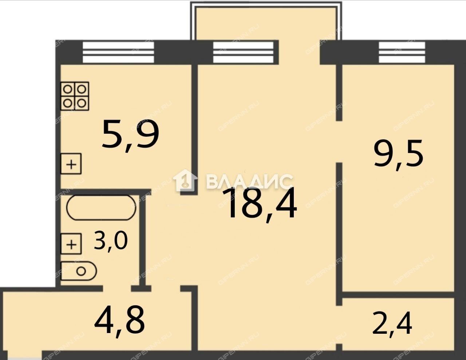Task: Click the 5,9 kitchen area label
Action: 130,136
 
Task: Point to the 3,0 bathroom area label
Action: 111,241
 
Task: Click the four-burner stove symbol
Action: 75,96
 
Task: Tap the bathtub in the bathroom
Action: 101,207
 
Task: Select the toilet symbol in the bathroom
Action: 79,271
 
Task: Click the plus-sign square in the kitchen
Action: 71,164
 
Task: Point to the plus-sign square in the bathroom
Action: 71,244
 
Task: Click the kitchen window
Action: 118,52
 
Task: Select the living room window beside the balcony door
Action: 243,52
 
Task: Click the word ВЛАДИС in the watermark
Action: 249,181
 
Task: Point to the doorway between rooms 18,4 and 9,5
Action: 339,142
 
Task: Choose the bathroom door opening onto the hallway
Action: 117,289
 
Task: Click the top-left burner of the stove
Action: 68,89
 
